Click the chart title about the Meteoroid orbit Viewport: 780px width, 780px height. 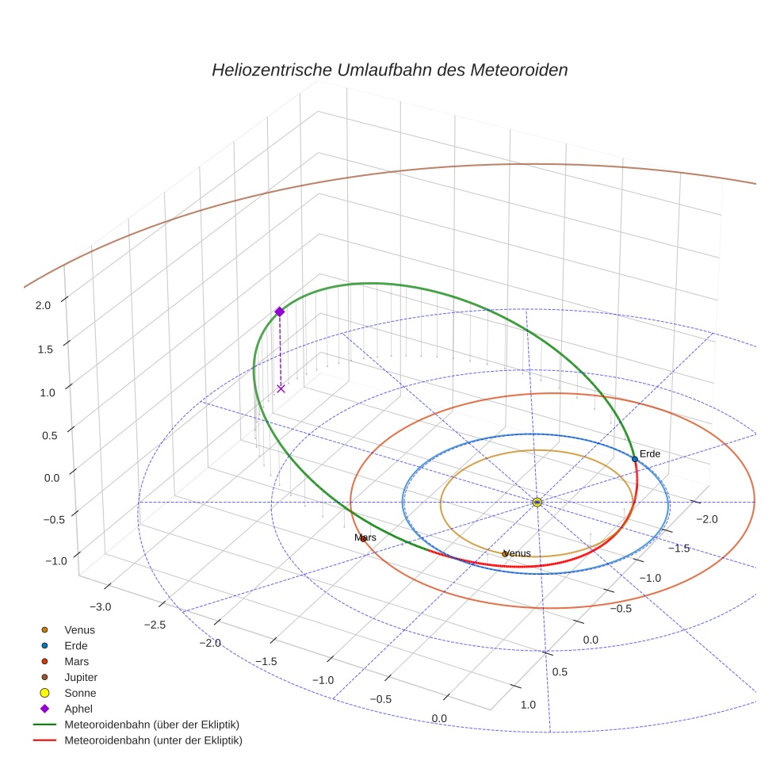pyautogui.click(x=389, y=70)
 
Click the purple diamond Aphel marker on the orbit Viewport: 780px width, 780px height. pyautogui.click(x=279, y=312)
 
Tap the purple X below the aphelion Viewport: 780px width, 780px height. pyautogui.click(x=281, y=388)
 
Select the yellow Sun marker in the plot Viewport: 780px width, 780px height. pyautogui.click(x=537, y=502)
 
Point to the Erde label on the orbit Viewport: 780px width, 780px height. pyautogui.click(x=649, y=454)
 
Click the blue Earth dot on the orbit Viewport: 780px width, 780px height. pyautogui.click(x=634, y=459)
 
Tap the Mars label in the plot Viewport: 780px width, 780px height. pyautogui.click(x=365, y=537)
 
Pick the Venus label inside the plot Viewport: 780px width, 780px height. pyautogui.click(x=517, y=553)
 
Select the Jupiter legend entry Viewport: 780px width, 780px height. pyautogui.click(x=81, y=677)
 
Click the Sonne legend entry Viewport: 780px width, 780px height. pyautogui.click(x=80, y=693)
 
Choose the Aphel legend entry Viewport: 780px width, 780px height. pyautogui.click(x=78, y=709)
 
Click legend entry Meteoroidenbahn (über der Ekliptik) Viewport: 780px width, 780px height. pyautogui.click(x=151, y=725)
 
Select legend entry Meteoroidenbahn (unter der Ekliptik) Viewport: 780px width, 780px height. pyautogui.click(x=153, y=740)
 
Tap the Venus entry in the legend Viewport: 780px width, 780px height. pyautogui.click(x=79, y=629)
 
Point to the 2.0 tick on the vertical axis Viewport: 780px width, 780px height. pyautogui.click(x=44, y=304)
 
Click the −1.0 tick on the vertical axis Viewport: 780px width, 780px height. pyautogui.click(x=56, y=560)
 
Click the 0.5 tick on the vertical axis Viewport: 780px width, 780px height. pyautogui.click(x=49, y=435)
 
